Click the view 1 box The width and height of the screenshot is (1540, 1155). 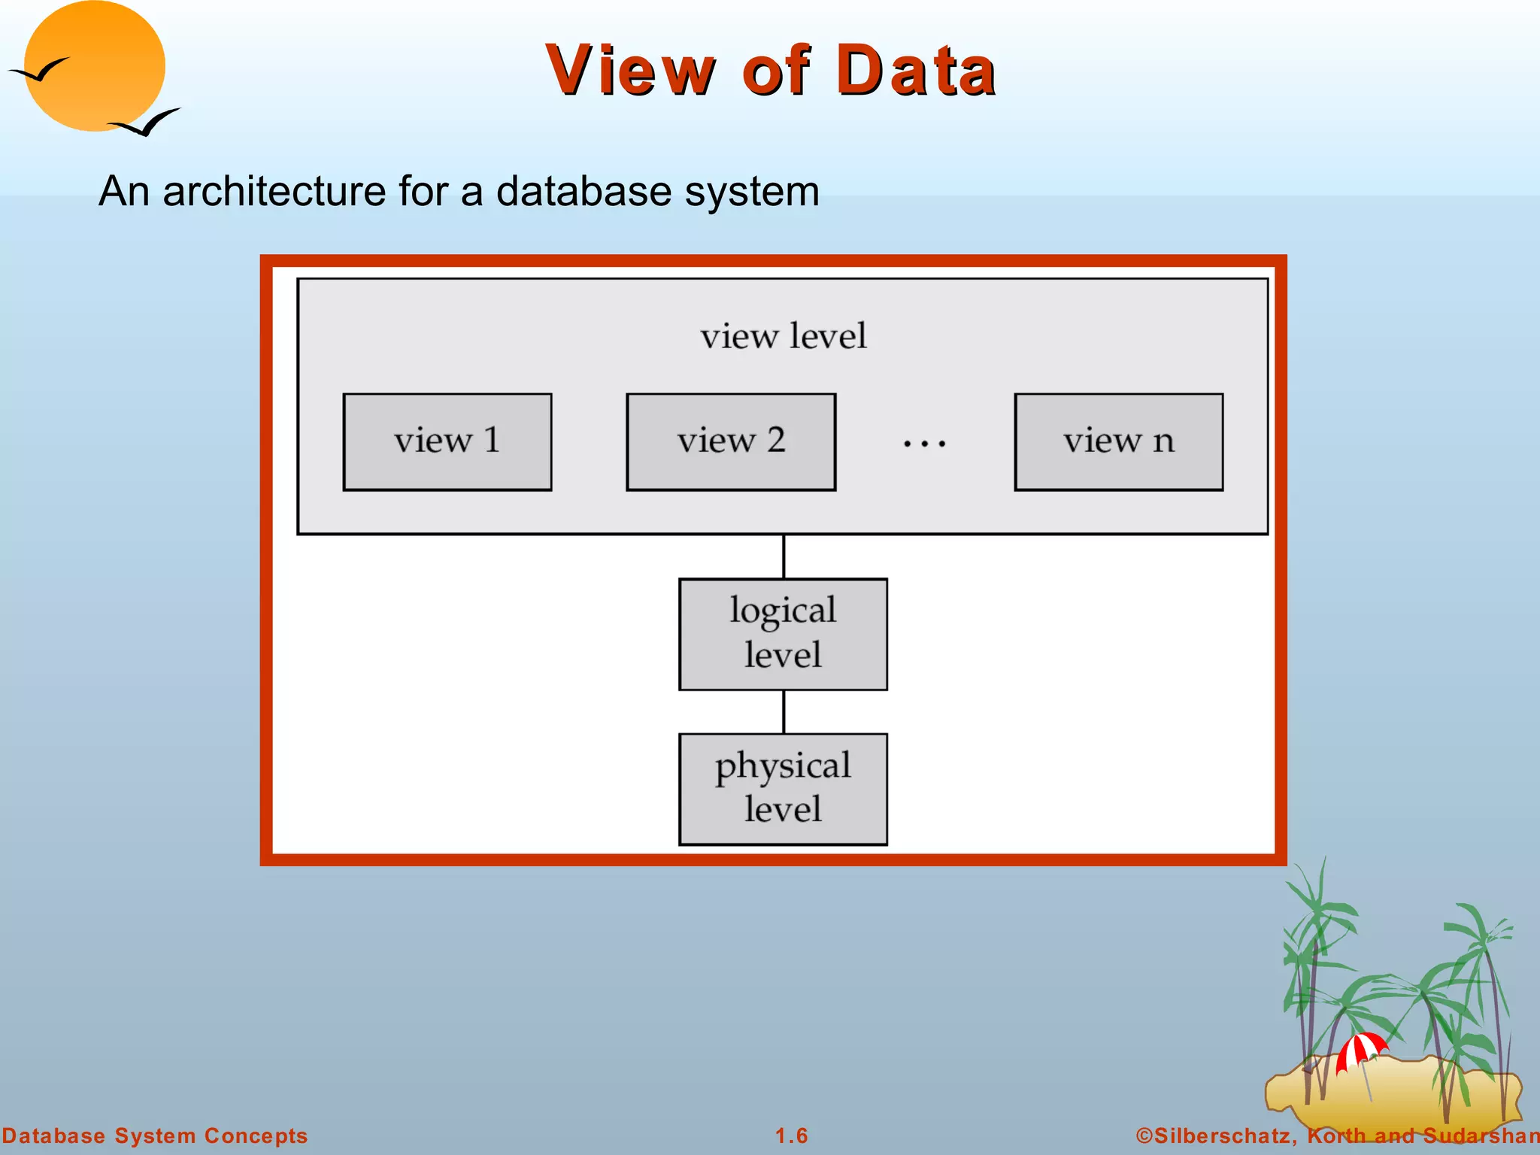point(447,442)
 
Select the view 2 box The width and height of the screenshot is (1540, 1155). point(731,442)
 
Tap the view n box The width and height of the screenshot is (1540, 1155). point(1119,442)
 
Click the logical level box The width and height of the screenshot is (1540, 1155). point(783,634)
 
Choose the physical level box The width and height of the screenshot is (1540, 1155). point(783,789)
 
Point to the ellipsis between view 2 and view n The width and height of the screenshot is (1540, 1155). point(925,444)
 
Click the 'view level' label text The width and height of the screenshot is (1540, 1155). point(784,336)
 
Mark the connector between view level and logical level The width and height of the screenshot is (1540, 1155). point(784,556)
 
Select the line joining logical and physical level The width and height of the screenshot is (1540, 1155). point(784,711)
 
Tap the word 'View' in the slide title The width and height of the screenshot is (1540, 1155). point(630,71)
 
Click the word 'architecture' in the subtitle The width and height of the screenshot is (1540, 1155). point(274,191)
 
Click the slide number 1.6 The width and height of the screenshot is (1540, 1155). point(792,1135)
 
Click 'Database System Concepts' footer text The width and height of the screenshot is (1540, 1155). point(155,1135)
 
